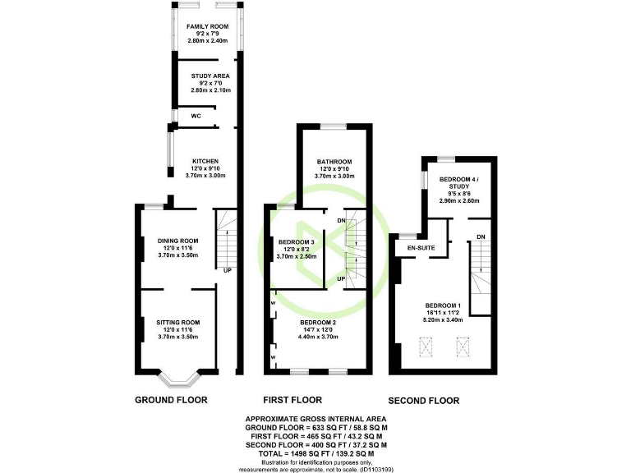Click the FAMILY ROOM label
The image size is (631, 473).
[x=206, y=27]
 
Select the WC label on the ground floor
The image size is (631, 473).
[x=196, y=117]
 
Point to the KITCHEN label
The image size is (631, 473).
[x=205, y=161]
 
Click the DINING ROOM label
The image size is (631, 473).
[x=178, y=241]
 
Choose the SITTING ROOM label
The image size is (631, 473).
[x=178, y=323]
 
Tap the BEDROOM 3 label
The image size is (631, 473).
[x=297, y=241]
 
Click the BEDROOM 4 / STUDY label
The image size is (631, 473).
[x=458, y=183]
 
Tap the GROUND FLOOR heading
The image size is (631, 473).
[x=170, y=401]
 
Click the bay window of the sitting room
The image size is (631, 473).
[x=178, y=380]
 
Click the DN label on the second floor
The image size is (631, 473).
[x=480, y=238]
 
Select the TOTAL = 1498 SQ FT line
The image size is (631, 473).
[x=315, y=453]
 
